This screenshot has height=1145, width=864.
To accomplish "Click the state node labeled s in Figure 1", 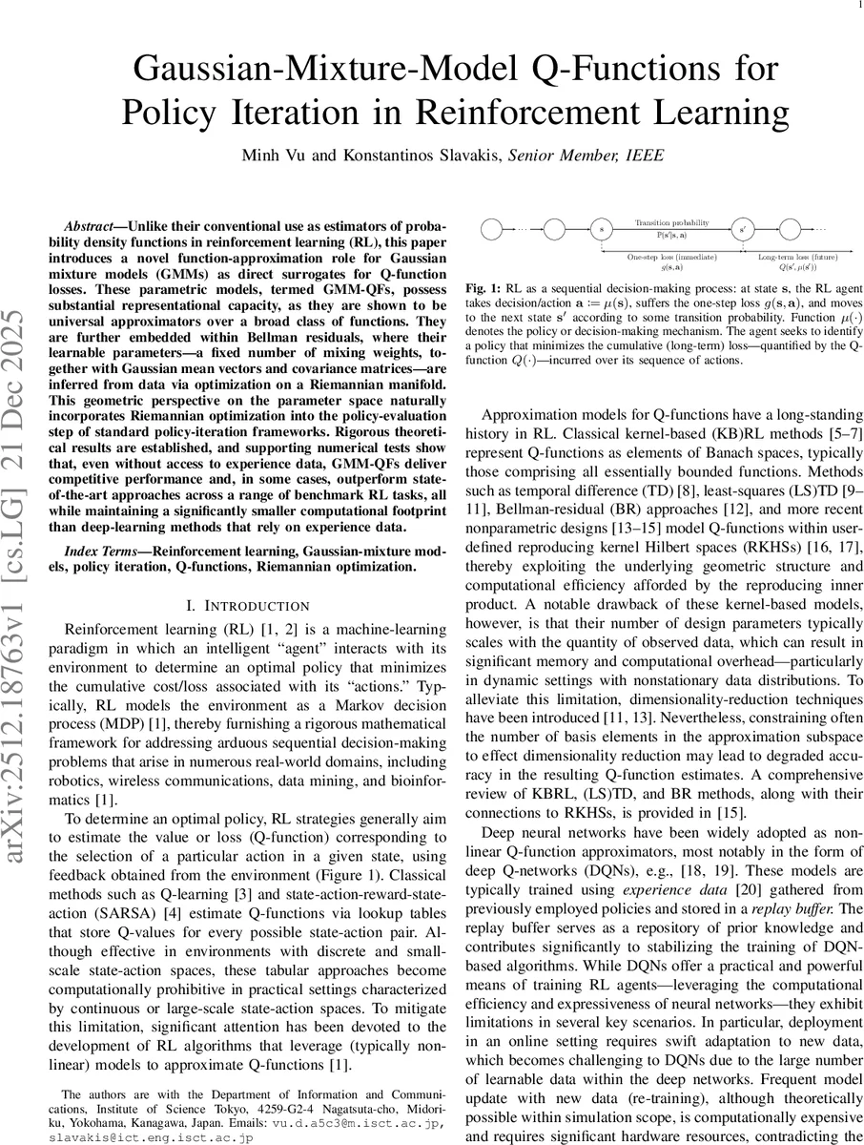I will [601, 230].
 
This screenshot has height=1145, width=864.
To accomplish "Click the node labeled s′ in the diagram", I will [743, 230].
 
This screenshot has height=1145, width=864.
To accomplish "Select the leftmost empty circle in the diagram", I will [491, 230].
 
